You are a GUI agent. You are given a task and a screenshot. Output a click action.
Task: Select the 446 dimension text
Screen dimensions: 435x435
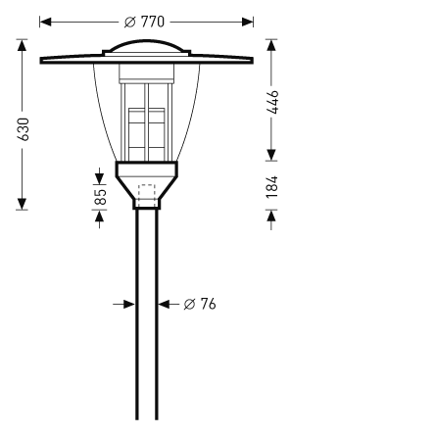click(x=272, y=102)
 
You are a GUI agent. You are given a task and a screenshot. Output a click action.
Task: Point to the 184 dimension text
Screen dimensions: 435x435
click(x=272, y=187)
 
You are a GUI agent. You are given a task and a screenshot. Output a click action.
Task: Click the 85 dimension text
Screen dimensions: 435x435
click(x=100, y=196)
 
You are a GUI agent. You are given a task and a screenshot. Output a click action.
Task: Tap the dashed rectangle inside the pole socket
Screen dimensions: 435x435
click(x=147, y=193)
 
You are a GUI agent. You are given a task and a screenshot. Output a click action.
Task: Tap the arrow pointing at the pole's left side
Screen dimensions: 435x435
click(x=127, y=304)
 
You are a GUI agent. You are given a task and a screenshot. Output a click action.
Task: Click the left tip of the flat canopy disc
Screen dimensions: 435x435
click(x=42, y=61)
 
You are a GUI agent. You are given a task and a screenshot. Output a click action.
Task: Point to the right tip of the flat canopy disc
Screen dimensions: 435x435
click(x=252, y=61)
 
